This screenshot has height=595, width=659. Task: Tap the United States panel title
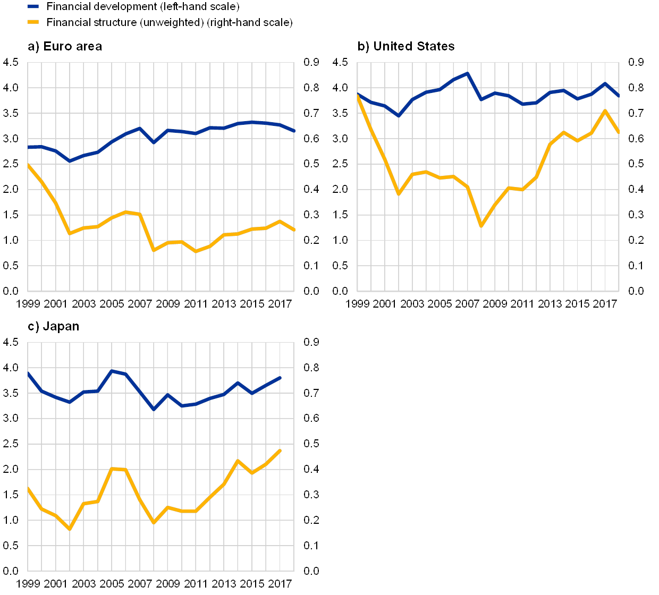[407, 47]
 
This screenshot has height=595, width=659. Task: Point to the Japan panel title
[53, 327]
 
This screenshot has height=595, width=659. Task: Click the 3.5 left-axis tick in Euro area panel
[11, 113]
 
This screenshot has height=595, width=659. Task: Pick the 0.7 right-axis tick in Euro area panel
[311, 113]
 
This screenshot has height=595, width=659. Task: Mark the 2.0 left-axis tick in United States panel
[341, 189]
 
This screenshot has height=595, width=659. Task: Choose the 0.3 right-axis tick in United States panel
[636, 215]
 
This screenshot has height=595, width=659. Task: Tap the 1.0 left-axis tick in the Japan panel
[11, 520]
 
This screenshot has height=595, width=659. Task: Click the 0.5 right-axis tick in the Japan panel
[311, 444]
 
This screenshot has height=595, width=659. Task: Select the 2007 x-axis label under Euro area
[140, 304]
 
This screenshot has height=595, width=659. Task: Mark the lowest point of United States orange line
[481, 226]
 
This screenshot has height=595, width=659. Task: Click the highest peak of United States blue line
[467, 73]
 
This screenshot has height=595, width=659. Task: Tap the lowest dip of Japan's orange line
[70, 529]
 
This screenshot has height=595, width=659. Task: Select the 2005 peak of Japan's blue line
[112, 371]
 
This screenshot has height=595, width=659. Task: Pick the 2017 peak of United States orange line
[605, 110]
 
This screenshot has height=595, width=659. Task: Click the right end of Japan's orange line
[280, 450]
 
